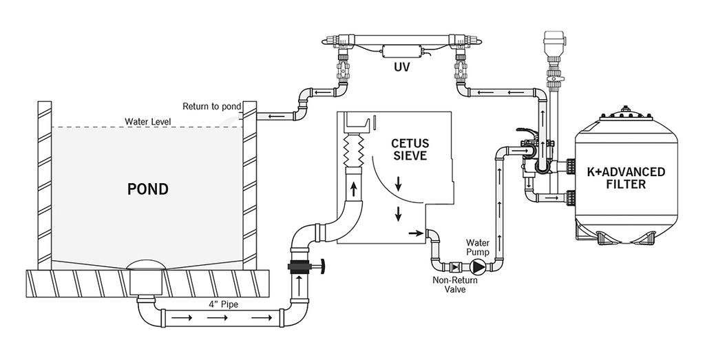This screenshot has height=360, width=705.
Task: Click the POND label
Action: (148, 189)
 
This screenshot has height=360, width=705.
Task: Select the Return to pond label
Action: (212, 107)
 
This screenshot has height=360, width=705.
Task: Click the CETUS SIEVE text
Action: (410, 149)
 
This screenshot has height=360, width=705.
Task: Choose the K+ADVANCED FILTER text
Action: (626, 178)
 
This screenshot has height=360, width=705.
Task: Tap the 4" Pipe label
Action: (223, 304)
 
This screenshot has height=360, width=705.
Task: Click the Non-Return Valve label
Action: (455, 284)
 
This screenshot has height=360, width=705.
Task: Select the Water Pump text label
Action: (478, 248)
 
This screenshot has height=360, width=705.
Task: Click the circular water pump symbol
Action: (478, 267)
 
